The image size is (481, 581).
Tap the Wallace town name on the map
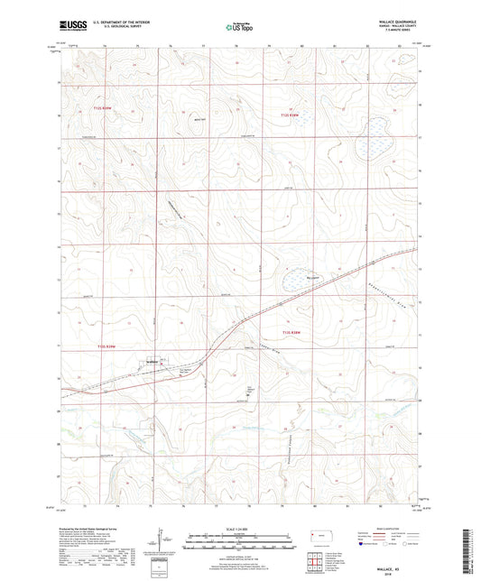pos(153,361)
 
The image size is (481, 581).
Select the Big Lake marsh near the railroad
pos(297,281)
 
